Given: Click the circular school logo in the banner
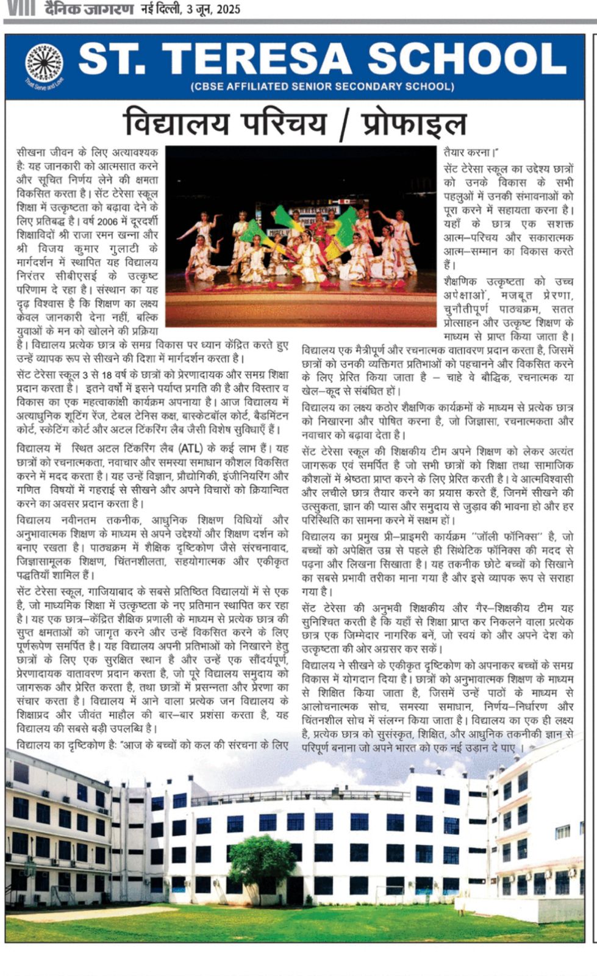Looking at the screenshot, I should coord(44,64).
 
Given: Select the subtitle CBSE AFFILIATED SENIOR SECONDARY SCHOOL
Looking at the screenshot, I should coord(323,87).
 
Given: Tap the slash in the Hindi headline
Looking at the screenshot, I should coord(345,124).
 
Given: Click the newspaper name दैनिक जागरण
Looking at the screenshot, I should coord(88,8).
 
